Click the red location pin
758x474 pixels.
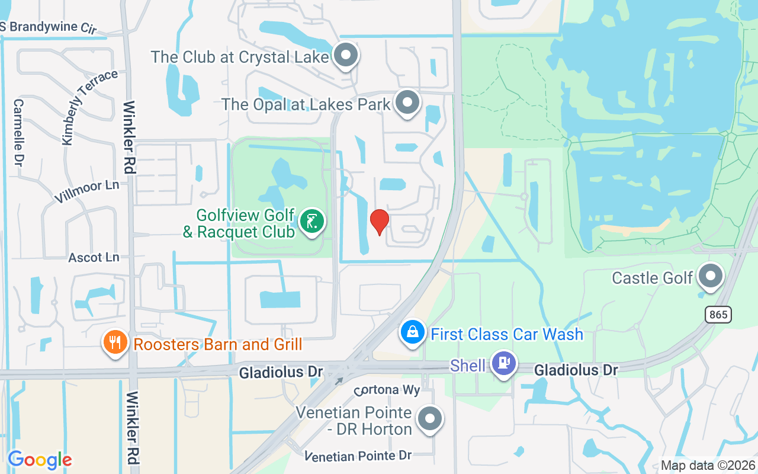coord(379,222)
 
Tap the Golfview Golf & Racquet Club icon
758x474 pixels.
coord(312,222)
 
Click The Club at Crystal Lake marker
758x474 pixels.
coord(346,56)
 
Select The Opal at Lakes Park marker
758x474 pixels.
coord(407,103)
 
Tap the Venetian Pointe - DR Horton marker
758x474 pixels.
coord(430,419)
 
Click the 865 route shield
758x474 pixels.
coord(718,315)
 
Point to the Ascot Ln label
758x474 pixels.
coord(94,258)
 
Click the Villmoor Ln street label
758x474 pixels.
coord(86,191)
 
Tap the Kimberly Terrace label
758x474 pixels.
coord(89,107)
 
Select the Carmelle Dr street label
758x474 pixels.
coord(18,132)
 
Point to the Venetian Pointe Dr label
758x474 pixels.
coord(358,456)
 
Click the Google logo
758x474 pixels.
coord(40,460)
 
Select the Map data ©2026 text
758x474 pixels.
coord(708,465)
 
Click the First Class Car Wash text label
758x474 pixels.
coord(507,334)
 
